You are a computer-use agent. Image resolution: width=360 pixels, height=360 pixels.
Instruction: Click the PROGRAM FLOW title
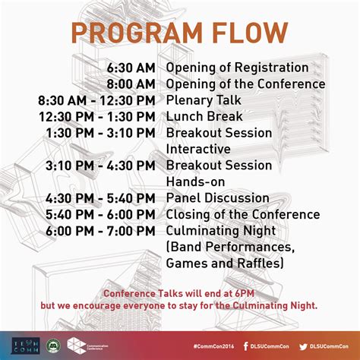pyautogui.click(x=180, y=33)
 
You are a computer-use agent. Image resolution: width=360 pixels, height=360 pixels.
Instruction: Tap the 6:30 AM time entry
pyautogui.click(x=131, y=68)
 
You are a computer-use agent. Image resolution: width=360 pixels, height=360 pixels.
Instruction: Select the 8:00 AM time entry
pyautogui.click(x=131, y=84)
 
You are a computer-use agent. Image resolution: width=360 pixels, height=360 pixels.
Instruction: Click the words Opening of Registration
pyautogui.click(x=237, y=68)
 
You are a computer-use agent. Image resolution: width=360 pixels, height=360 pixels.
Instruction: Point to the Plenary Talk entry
pyautogui.click(x=204, y=100)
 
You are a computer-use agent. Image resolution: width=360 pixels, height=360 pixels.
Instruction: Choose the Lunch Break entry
pyautogui.click(x=204, y=116)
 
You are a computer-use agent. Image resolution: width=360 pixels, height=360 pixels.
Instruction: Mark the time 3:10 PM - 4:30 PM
pyautogui.click(x=100, y=166)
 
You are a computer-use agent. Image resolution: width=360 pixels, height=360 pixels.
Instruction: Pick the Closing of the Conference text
pyautogui.click(x=242, y=214)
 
